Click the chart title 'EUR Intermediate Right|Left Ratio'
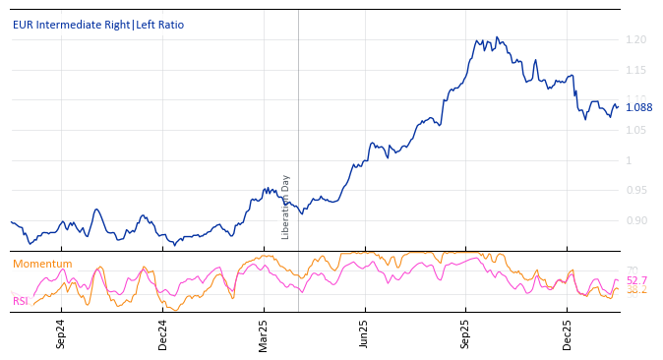(x=97, y=25)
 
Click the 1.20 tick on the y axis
(x=635, y=39)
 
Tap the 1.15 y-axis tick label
(x=635, y=70)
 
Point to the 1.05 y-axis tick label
(x=635, y=131)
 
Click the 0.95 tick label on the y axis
(x=635, y=191)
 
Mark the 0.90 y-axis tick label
(x=635, y=220)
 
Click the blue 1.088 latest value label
(x=639, y=107)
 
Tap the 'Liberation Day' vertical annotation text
(x=286, y=207)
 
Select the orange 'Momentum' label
(x=42, y=264)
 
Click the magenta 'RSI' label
(x=21, y=301)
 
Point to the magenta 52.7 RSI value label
(x=636, y=280)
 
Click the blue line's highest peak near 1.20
(x=497, y=37)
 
